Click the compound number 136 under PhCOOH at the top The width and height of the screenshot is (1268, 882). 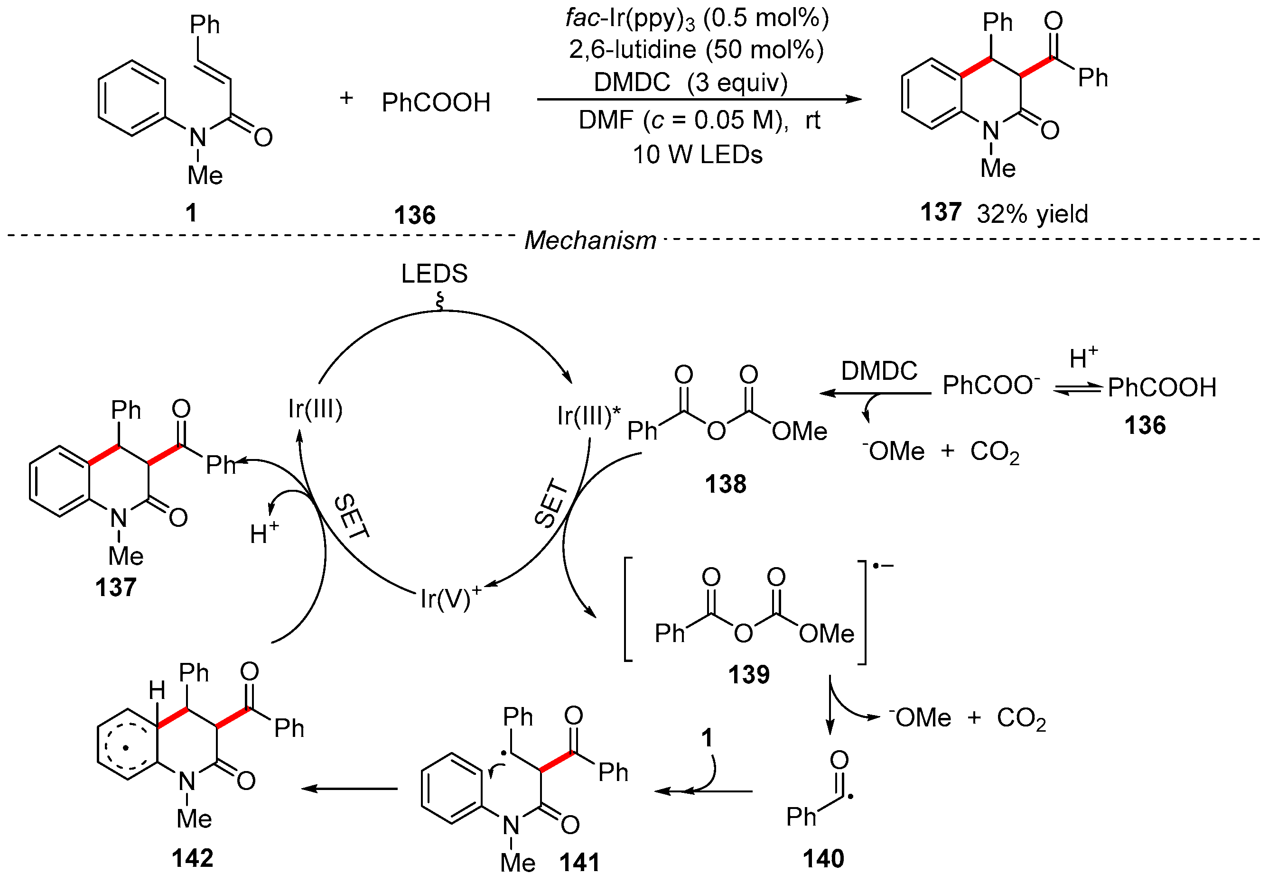pyautogui.click(x=414, y=215)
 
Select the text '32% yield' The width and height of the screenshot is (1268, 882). pyautogui.click(x=1032, y=214)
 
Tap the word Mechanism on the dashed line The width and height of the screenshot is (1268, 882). pyautogui.click(x=590, y=240)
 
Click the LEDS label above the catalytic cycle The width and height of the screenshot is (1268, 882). pyautogui.click(x=434, y=274)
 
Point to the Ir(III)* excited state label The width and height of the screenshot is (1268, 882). pyautogui.click(x=588, y=415)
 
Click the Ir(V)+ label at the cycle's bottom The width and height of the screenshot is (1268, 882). pyautogui.click(x=450, y=598)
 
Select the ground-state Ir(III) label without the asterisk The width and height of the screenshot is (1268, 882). pyautogui.click(x=316, y=409)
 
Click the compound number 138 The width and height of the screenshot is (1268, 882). pyautogui.click(x=725, y=485)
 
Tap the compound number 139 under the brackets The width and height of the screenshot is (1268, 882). pyautogui.click(x=748, y=674)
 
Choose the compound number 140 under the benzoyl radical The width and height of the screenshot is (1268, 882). pyautogui.click(x=823, y=859)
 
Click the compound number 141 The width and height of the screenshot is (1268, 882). pyautogui.click(x=579, y=863)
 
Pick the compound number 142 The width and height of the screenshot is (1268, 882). pyautogui.click(x=192, y=859)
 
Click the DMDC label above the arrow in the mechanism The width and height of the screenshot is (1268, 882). pyautogui.click(x=879, y=371)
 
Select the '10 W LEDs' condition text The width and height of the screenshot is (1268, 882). pyautogui.click(x=697, y=155)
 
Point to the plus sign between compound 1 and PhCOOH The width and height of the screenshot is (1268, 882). pyautogui.click(x=346, y=98)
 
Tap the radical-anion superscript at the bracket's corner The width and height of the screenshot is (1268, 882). pyautogui.click(x=883, y=566)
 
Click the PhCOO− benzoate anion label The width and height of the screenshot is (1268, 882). pyautogui.click(x=990, y=385)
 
